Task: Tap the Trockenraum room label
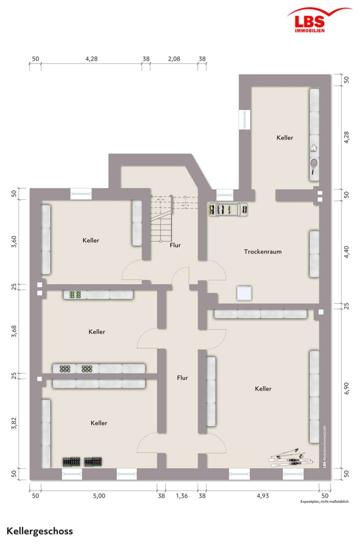pos(262,251)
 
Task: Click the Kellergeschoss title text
pos(39,531)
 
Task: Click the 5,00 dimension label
pos(99,496)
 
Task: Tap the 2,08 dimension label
pos(174,58)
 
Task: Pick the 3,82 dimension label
pos(14,423)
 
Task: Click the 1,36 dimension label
pos(182,496)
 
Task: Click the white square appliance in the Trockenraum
pos(244,293)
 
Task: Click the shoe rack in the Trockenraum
pos(228,209)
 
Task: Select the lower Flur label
pos(182,378)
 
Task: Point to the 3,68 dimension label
pos(14,331)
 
